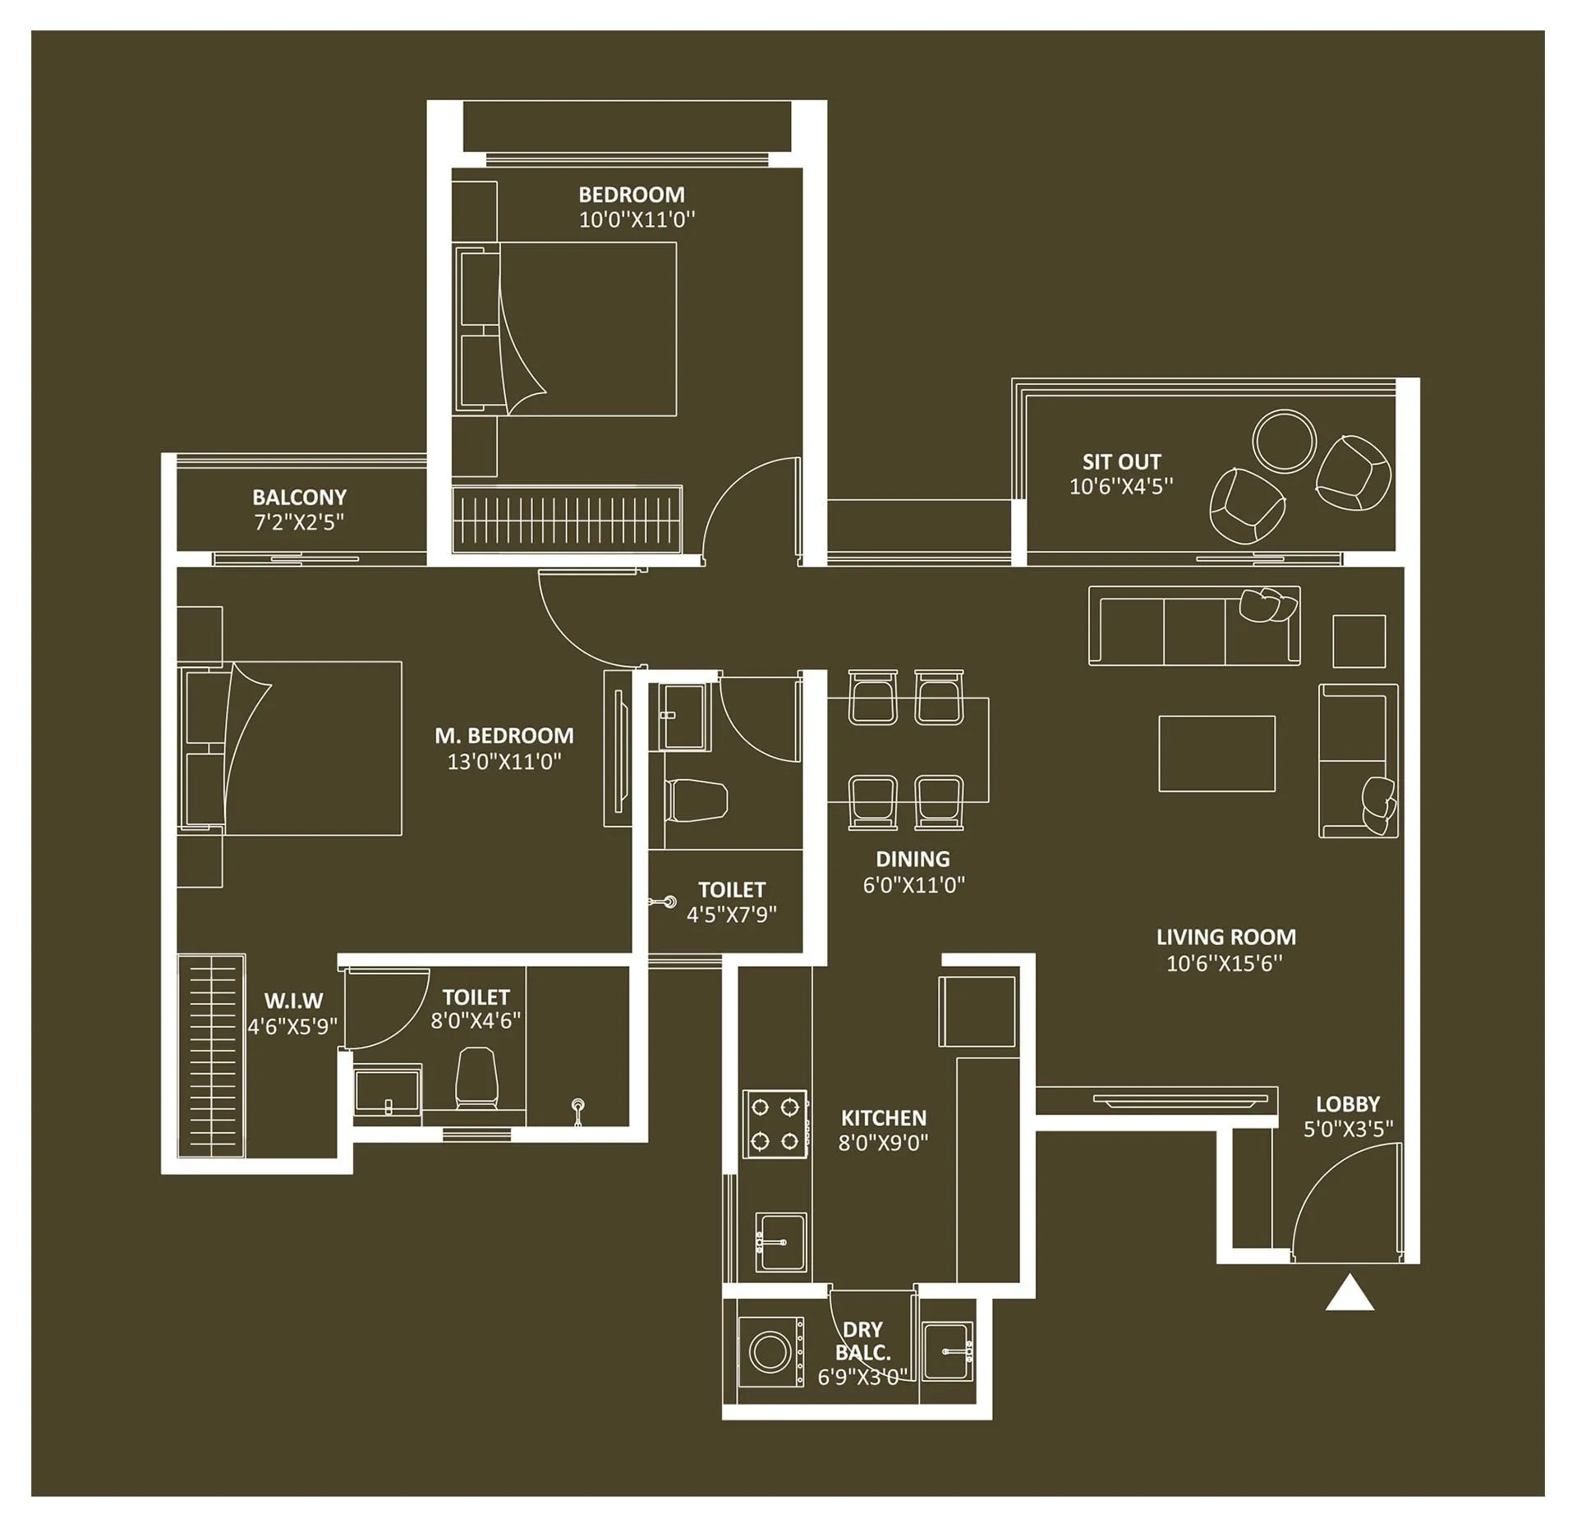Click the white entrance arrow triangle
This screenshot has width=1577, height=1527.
pos(1349,1294)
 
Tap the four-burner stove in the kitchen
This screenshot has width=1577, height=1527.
pos(775,1123)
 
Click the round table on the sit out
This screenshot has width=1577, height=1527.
pos(1284,441)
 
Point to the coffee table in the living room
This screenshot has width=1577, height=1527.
pos(1216,753)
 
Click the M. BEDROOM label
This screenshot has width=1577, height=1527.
pos(504,736)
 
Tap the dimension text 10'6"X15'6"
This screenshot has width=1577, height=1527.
pos(1225,963)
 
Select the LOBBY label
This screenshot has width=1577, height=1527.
pos(1348,1104)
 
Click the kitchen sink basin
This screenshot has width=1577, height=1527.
pos(781,1241)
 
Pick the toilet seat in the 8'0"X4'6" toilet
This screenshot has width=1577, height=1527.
pos(476,1075)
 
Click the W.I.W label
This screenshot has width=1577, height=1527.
pos(293,1001)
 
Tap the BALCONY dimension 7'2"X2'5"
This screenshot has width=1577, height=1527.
pos(299,522)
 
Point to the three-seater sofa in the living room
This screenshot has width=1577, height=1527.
pos(1193,625)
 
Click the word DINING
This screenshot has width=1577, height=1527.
pos(913,859)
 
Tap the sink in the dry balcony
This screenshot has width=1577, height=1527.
pos(947,1350)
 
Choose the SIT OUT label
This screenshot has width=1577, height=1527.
pos(1121,461)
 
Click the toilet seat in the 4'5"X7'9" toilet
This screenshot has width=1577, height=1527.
pos(697,800)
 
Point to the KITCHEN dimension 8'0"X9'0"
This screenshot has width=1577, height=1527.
pos(883,1142)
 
